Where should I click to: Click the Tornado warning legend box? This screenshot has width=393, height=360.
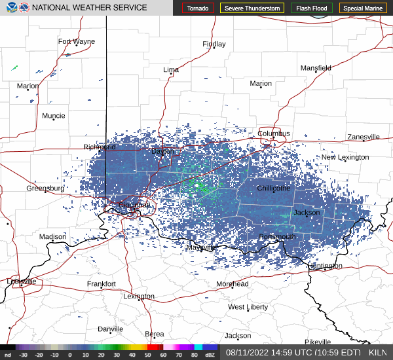click(x=198, y=8)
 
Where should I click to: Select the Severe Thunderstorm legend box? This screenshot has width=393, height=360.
click(x=252, y=8)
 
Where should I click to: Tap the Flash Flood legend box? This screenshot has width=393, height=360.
click(x=311, y=8)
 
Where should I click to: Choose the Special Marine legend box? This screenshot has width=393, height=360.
click(x=362, y=8)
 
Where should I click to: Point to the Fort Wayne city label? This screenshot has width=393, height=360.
click(x=76, y=41)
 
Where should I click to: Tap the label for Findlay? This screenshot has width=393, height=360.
click(x=214, y=44)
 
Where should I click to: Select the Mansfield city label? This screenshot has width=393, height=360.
click(x=316, y=67)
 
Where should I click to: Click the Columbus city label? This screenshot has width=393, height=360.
click(x=273, y=134)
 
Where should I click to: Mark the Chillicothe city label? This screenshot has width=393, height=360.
click(x=273, y=188)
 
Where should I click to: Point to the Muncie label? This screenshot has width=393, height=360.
click(x=53, y=116)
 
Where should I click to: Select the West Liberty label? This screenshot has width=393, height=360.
click(x=248, y=307)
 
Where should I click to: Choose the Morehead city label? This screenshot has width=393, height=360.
click(x=233, y=284)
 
